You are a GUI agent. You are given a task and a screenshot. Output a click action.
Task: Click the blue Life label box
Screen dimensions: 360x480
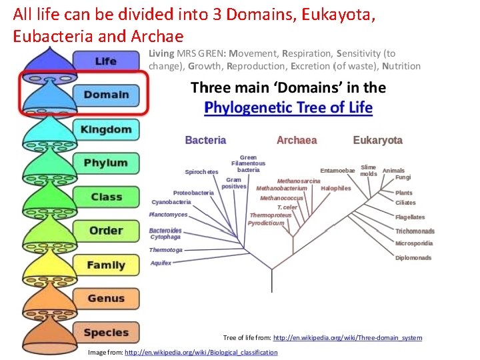pos(105,61)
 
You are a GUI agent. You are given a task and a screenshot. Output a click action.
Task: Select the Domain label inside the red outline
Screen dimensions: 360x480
pos(105,95)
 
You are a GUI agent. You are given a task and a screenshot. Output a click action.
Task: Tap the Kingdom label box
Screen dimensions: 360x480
pos(105,129)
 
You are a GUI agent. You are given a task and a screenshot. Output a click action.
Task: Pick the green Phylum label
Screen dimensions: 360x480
pos(105,163)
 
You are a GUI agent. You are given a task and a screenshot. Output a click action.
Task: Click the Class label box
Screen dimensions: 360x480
pos(106,197)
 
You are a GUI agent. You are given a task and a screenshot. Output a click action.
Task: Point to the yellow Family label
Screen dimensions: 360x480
pos(105,265)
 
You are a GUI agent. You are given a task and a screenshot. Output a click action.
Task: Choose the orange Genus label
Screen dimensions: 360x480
pos(105,299)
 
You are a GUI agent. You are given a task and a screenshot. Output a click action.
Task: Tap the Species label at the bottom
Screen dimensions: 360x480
pos(105,332)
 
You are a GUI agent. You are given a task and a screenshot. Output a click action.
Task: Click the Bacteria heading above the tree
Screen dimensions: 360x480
pos(205,140)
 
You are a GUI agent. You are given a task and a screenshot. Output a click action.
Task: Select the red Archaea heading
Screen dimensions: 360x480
pos(297,140)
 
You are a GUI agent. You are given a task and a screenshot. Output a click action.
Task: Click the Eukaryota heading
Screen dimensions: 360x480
pos(378,140)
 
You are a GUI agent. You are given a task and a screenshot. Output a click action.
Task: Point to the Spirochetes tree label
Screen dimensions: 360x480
pos(201,172)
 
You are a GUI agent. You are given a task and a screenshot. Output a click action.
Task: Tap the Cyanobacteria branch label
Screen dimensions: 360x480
pos(171,202)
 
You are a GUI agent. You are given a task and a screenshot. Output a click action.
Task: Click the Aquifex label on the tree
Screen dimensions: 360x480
pos(161,263)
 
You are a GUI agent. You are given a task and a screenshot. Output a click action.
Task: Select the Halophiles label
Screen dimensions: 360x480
pos(335,188)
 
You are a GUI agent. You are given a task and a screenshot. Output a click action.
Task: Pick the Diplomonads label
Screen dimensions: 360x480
pos(413,258)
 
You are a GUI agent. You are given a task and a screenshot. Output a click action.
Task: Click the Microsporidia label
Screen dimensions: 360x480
pos(414,243)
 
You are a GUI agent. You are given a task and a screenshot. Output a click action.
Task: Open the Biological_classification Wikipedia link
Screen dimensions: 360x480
pos(201,352)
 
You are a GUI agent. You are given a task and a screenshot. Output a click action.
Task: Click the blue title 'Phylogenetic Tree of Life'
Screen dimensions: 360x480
pos(288,107)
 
